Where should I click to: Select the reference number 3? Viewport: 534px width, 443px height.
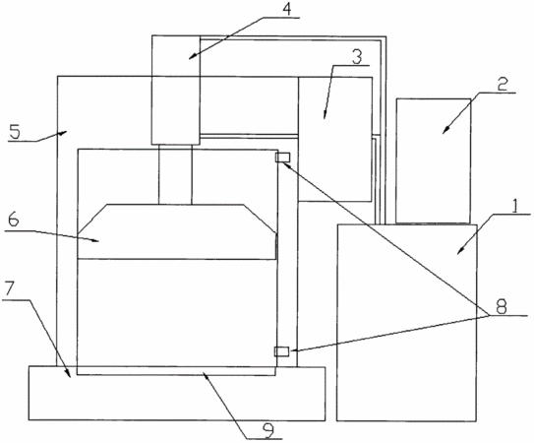[x=356, y=57]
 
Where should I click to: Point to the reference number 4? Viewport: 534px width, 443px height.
[x=287, y=9]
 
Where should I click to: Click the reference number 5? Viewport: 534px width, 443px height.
[x=15, y=132]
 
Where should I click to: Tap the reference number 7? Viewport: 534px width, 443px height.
[x=9, y=289]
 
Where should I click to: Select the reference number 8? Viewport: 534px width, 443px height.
[x=501, y=307]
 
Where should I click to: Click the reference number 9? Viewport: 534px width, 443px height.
[x=269, y=431]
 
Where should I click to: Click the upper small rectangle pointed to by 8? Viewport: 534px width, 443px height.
[x=282, y=158]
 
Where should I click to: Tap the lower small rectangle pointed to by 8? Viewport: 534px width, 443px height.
[x=281, y=351]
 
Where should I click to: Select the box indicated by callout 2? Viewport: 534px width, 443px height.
[x=434, y=161]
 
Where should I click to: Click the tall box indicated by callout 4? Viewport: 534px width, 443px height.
[x=176, y=90]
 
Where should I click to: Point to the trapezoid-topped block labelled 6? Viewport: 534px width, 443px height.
[x=177, y=232]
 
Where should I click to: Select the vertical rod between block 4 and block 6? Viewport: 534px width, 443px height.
[x=175, y=174]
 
